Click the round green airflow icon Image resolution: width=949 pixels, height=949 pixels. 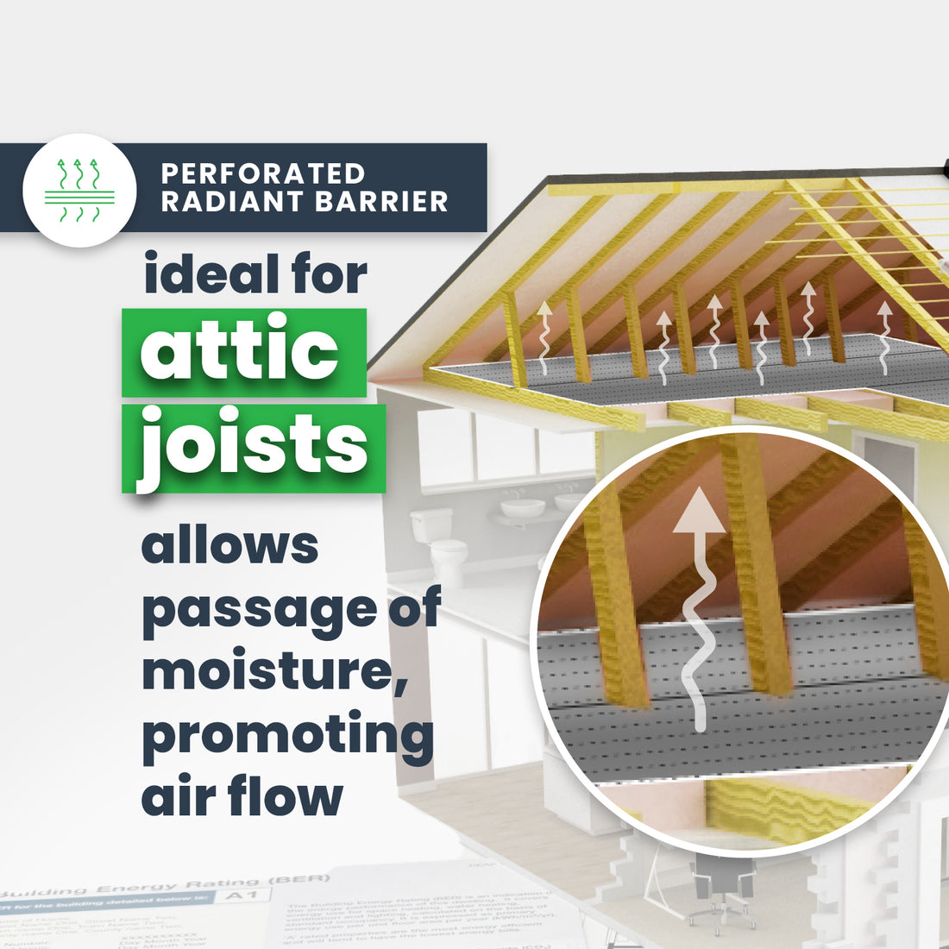79,191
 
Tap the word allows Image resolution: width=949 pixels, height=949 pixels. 229,546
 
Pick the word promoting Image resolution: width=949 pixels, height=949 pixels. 287,735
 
